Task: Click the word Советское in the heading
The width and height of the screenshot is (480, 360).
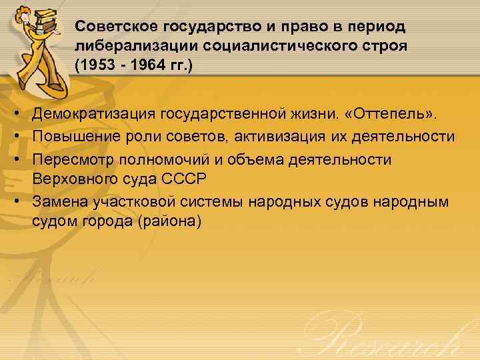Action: (114, 27)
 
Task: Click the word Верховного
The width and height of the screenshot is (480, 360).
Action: (78, 178)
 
